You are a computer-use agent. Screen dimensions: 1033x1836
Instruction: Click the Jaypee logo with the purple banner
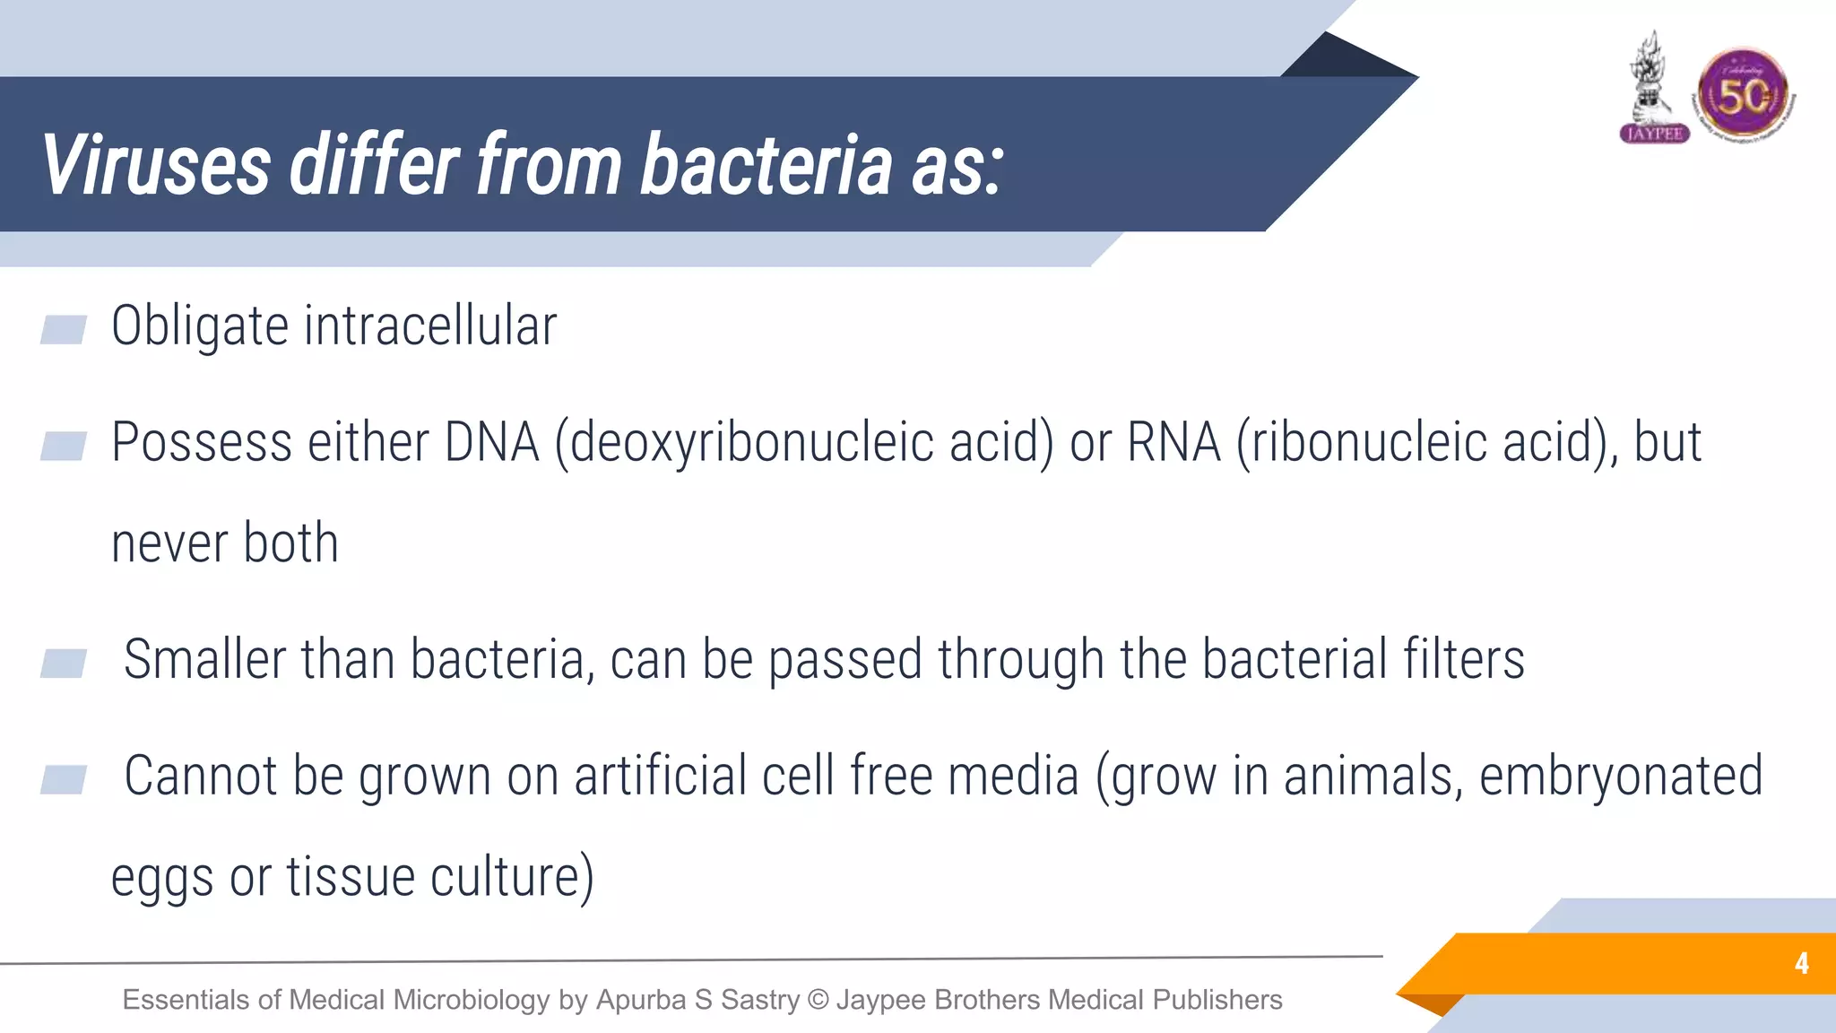pos(1653,90)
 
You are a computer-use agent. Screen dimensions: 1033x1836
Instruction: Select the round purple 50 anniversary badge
pos(1743,95)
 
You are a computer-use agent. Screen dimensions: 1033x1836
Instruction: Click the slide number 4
pos(1801,964)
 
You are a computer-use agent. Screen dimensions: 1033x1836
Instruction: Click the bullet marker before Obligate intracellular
pos(64,329)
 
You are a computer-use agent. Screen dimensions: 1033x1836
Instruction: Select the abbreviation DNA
pos(492,442)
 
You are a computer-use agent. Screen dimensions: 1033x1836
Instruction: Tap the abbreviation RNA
pos(1173,442)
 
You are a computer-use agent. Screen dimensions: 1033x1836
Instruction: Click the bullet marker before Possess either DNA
pos(64,446)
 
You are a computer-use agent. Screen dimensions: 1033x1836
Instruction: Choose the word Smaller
pos(204,659)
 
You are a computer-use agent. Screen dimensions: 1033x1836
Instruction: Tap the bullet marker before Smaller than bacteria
pos(64,664)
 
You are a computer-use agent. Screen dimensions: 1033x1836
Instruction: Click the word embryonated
pos(1621,777)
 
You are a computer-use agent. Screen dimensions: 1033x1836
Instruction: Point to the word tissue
pos(350,877)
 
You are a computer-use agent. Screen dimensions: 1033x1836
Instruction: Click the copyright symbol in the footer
pos(818,999)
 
